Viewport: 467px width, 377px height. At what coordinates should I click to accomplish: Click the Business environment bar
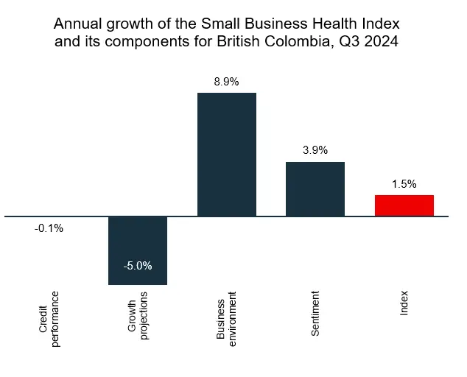point(227,155)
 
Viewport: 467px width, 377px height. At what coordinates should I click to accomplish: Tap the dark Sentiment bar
point(315,189)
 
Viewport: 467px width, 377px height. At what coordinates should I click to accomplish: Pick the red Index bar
point(404,205)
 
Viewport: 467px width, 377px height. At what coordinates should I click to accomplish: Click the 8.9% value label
point(226,82)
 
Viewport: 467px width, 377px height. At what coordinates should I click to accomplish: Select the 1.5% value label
point(404,184)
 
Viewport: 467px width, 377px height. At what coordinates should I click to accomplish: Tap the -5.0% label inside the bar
point(138,266)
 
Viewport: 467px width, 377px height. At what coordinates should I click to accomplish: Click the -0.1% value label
point(49,228)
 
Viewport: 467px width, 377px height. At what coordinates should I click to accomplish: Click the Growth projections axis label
point(138,315)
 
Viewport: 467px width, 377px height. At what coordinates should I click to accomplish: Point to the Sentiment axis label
point(315,314)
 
